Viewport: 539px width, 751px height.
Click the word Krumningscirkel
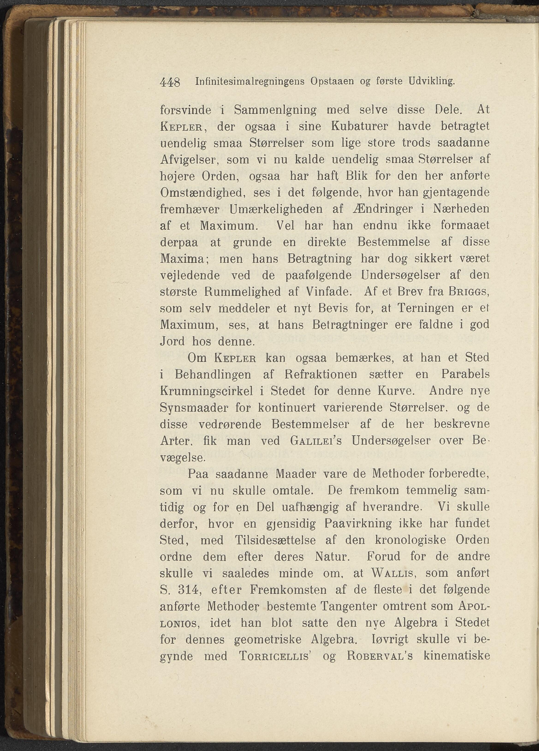(x=207, y=391)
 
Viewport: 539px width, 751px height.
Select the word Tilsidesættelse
(x=275, y=540)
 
